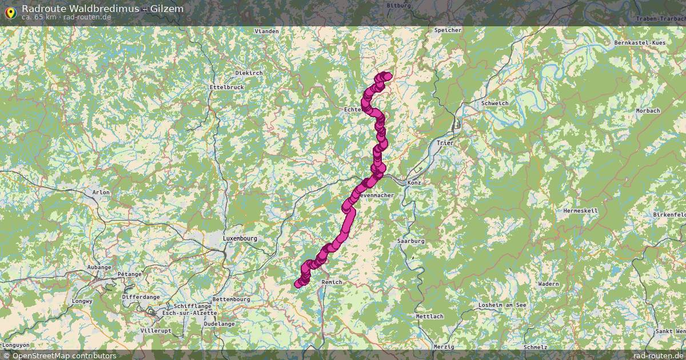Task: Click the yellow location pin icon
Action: tap(10, 12)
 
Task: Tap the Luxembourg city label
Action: tap(240, 238)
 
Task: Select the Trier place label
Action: tap(444, 143)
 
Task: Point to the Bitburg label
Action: tap(399, 5)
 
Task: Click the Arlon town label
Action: tap(101, 193)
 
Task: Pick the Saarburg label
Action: tap(411, 241)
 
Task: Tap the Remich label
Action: tap(332, 282)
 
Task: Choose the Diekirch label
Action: tap(249, 73)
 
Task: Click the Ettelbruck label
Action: tap(227, 87)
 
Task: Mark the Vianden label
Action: tap(266, 31)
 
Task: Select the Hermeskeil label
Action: tap(580, 211)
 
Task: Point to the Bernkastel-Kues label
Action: tap(640, 43)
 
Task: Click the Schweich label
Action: tap(495, 103)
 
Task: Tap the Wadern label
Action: tap(549, 284)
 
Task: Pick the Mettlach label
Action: tap(430, 316)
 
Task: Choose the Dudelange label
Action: tap(219, 323)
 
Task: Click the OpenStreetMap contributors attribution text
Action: tap(64, 355)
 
